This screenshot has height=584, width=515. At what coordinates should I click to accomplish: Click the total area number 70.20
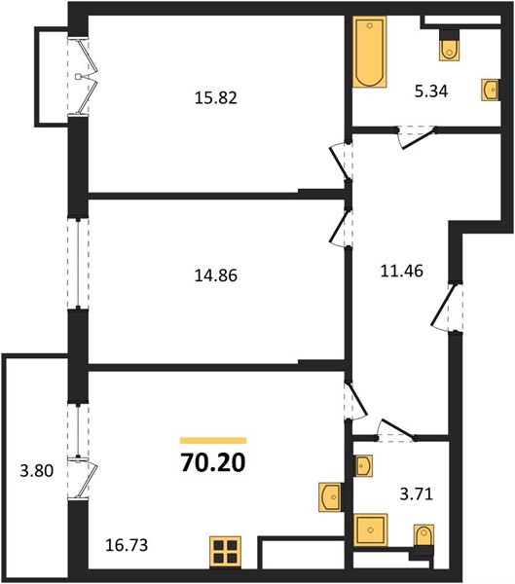(x=213, y=462)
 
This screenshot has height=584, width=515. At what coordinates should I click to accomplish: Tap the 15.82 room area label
(x=216, y=98)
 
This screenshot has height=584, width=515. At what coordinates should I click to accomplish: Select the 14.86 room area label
(x=216, y=275)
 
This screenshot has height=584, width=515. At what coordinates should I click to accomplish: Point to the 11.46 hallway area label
(x=402, y=271)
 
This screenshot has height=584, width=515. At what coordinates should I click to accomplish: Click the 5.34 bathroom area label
(x=431, y=91)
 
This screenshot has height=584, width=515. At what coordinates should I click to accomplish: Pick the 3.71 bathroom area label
(x=417, y=494)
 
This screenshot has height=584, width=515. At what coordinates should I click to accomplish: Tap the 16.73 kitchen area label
(x=127, y=545)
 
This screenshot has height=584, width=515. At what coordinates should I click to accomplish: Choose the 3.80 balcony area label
(x=37, y=471)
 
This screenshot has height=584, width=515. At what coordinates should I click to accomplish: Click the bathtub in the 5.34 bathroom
(x=369, y=53)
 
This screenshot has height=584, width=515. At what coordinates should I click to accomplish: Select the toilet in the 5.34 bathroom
(x=449, y=45)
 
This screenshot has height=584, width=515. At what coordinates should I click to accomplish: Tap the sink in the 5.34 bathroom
(x=490, y=90)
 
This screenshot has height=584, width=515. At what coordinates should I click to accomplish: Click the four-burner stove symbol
(x=225, y=552)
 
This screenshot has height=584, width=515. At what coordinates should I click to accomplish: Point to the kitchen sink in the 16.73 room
(x=330, y=497)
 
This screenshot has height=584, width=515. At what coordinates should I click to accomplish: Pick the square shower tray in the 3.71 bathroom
(x=370, y=529)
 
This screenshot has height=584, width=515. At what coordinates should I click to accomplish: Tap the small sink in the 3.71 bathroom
(x=362, y=465)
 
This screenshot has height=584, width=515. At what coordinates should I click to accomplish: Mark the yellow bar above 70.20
(x=213, y=441)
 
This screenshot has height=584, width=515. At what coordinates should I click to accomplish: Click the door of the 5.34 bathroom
(x=417, y=136)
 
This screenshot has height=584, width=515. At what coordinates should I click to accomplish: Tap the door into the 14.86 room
(x=341, y=227)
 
